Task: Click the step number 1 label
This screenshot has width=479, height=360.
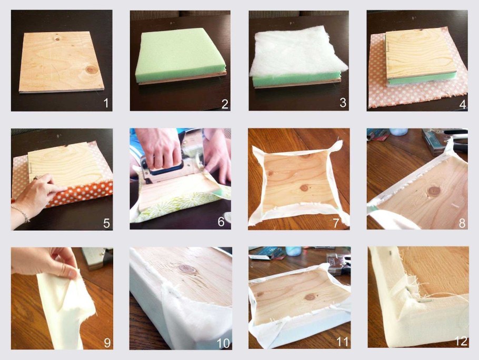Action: (x=106, y=103)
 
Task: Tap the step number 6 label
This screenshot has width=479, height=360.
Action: (x=221, y=222)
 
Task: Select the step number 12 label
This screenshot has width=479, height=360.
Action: (x=461, y=341)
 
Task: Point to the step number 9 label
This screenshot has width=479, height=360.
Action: (x=107, y=343)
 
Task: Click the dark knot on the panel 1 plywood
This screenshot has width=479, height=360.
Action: (x=92, y=70)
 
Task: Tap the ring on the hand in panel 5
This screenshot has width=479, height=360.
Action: (x=35, y=177)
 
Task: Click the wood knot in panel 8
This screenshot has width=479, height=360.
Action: (x=434, y=192)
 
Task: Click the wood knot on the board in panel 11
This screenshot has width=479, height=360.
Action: (x=310, y=296)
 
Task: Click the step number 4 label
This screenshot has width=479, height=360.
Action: (x=463, y=104)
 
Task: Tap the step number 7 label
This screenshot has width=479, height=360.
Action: (x=336, y=223)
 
